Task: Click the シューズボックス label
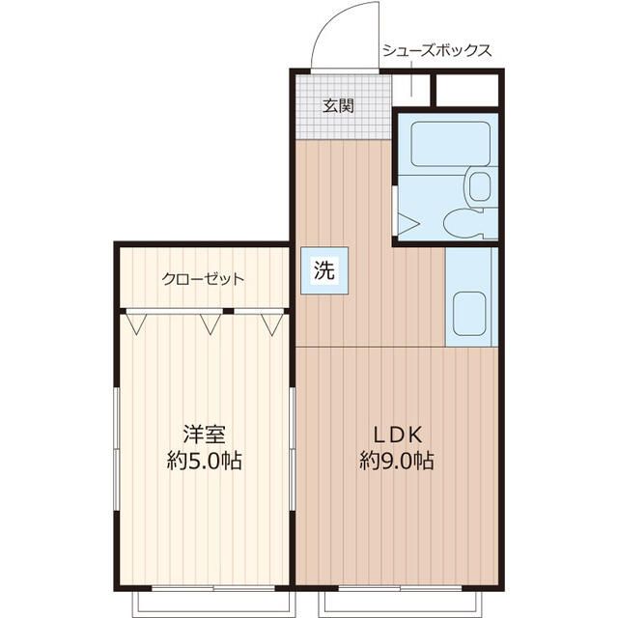(x=437, y=51)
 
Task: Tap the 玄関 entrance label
(x=338, y=105)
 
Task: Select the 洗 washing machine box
(x=324, y=270)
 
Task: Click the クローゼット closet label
(x=203, y=279)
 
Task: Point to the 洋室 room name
(x=204, y=434)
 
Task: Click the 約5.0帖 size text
(x=204, y=461)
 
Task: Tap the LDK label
(x=398, y=435)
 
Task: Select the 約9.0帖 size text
(x=397, y=461)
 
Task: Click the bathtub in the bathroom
(x=451, y=144)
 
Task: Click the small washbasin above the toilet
(x=480, y=186)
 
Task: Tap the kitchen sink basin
(x=469, y=314)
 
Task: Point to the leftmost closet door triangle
(x=136, y=324)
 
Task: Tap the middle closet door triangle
(x=211, y=324)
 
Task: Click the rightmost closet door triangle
(x=272, y=324)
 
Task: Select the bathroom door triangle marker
(x=407, y=224)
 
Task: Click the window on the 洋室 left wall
(x=116, y=449)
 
